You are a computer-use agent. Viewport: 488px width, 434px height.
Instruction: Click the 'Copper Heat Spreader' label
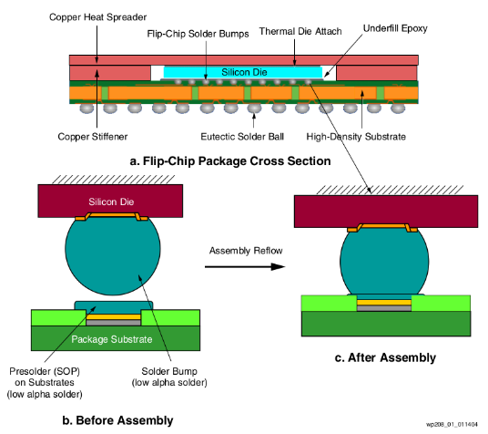pyautogui.click(x=97, y=17)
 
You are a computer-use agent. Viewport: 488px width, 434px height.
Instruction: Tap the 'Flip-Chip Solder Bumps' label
pyautogui.click(x=198, y=34)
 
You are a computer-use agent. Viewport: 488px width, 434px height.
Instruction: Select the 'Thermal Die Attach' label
pyautogui.click(x=300, y=31)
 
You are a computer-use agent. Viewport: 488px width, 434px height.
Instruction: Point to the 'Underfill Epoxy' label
pyautogui.click(x=395, y=28)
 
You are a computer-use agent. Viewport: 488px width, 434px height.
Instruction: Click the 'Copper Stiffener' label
pyautogui.click(x=93, y=137)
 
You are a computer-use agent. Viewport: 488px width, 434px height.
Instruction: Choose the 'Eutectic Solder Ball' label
pyautogui.click(x=242, y=137)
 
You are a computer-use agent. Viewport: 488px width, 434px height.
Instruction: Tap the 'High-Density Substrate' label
pyautogui.click(x=356, y=137)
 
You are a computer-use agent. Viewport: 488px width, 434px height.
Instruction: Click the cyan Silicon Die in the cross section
pyautogui.click(x=243, y=72)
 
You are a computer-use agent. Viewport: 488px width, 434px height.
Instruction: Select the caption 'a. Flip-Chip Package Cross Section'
pyautogui.click(x=230, y=161)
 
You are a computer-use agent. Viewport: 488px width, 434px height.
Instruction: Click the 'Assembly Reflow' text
pyautogui.click(x=246, y=251)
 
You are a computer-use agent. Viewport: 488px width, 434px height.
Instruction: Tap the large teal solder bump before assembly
pyautogui.click(x=113, y=254)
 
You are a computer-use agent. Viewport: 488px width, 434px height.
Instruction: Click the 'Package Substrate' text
pyautogui.click(x=112, y=339)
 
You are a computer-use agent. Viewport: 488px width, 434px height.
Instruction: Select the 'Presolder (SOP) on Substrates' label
pyautogui.click(x=45, y=377)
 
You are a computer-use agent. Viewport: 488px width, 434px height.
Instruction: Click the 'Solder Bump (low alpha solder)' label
pyautogui.click(x=169, y=377)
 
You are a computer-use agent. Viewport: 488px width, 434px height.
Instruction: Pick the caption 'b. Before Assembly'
pyautogui.click(x=117, y=420)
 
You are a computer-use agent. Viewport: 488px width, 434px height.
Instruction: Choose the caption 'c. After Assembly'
pyautogui.click(x=385, y=357)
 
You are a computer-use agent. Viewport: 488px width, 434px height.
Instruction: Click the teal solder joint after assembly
pyautogui.click(x=384, y=262)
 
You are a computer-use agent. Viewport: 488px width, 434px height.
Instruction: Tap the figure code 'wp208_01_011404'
pyautogui.click(x=452, y=424)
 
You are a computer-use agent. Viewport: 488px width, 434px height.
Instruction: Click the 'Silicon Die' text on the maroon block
pyautogui.click(x=111, y=201)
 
